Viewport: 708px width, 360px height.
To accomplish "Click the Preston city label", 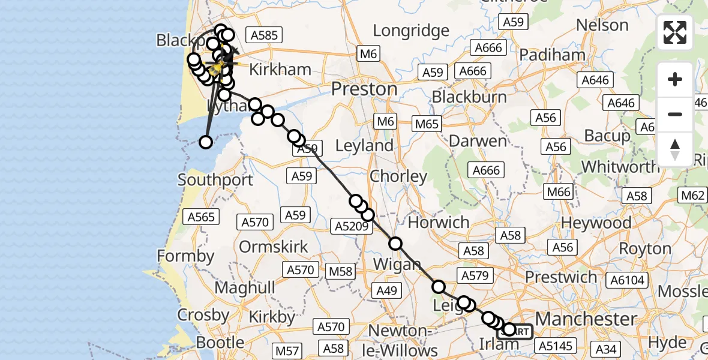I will (x=365, y=89).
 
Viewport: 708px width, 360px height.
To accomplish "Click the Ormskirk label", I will (x=274, y=247).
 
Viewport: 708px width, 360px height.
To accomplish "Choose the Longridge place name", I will (x=411, y=30).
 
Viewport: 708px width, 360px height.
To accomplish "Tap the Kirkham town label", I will (x=280, y=69).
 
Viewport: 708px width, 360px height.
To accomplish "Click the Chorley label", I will (x=398, y=176).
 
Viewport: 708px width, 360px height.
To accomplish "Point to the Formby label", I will (x=185, y=256).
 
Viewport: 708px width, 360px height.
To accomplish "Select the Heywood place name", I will (x=596, y=223).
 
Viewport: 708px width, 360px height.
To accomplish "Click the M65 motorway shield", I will (x=427, y=124).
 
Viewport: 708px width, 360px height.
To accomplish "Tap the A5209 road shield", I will (x=349, y=226).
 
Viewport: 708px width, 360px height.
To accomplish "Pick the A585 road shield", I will (x=264, y=35).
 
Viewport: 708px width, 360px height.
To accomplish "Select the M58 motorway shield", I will (x=341, y=271).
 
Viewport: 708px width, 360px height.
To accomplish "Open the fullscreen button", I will (x=675, y=32).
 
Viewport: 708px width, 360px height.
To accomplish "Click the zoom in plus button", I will (x=675, y=79).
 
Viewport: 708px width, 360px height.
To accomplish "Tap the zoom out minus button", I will (x=675, y=114).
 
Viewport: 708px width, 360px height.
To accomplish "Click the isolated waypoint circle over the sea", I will (x=206, y=142).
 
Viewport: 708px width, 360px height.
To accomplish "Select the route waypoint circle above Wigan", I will (x=395, y=244).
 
